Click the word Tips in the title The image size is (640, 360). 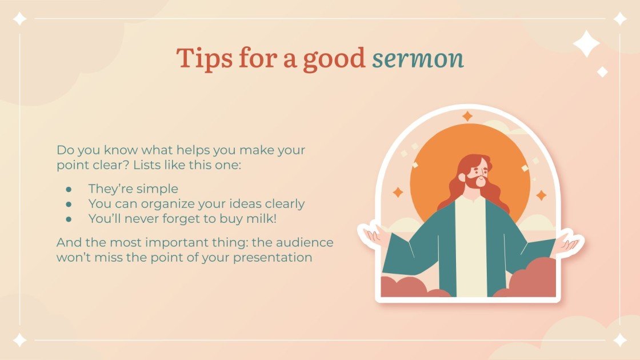pyautogui.click(x=201, y=58)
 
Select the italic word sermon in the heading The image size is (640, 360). pyautogui.click(x=418, y=59)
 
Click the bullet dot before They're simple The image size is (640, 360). pyautogui.click(x=69, y=189)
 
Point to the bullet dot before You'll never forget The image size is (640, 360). pyautogui.click(x=69, y=218)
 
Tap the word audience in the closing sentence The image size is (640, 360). pyautogui.click(x=309, y=242)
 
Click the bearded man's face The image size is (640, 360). pyautogui.click(x=477, y=172)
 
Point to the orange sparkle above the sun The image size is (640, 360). pyautogui.click(x=467, y=117)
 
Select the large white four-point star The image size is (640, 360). pyautogui.click(x=586, y=44)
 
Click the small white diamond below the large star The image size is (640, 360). pyautogui.click(x=602, y=72)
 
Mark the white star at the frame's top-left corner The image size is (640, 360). pyautogui.click(x=20, y=19)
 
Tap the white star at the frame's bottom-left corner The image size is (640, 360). pyautogui.click(x=20, y=340)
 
